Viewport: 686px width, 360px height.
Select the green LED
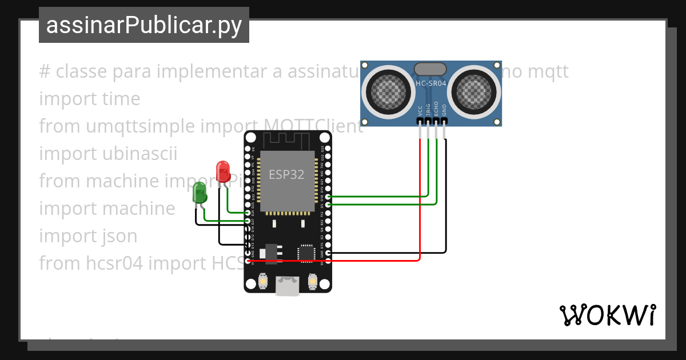tap(200, 193)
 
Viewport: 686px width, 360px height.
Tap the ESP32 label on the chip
tap(286, 174)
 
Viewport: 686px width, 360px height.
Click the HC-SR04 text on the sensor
tap(430, 83)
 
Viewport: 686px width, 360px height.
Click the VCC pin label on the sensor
tap(420, 110)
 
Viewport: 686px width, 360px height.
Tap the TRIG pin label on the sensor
tap(428, 110)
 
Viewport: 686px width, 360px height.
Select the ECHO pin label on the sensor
tap(436, 109)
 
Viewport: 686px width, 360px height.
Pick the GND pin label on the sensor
tap(444, 110)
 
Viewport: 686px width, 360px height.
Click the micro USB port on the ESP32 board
tap(288, 286)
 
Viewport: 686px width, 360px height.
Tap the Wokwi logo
tap(607, 315)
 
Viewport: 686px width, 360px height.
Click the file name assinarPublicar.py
tap(143, 25)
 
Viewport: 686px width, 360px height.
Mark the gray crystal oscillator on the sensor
tap(430, 69)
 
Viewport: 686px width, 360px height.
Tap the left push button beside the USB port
tap(263, 281)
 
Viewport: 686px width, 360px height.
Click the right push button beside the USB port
tap(313, 281)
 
